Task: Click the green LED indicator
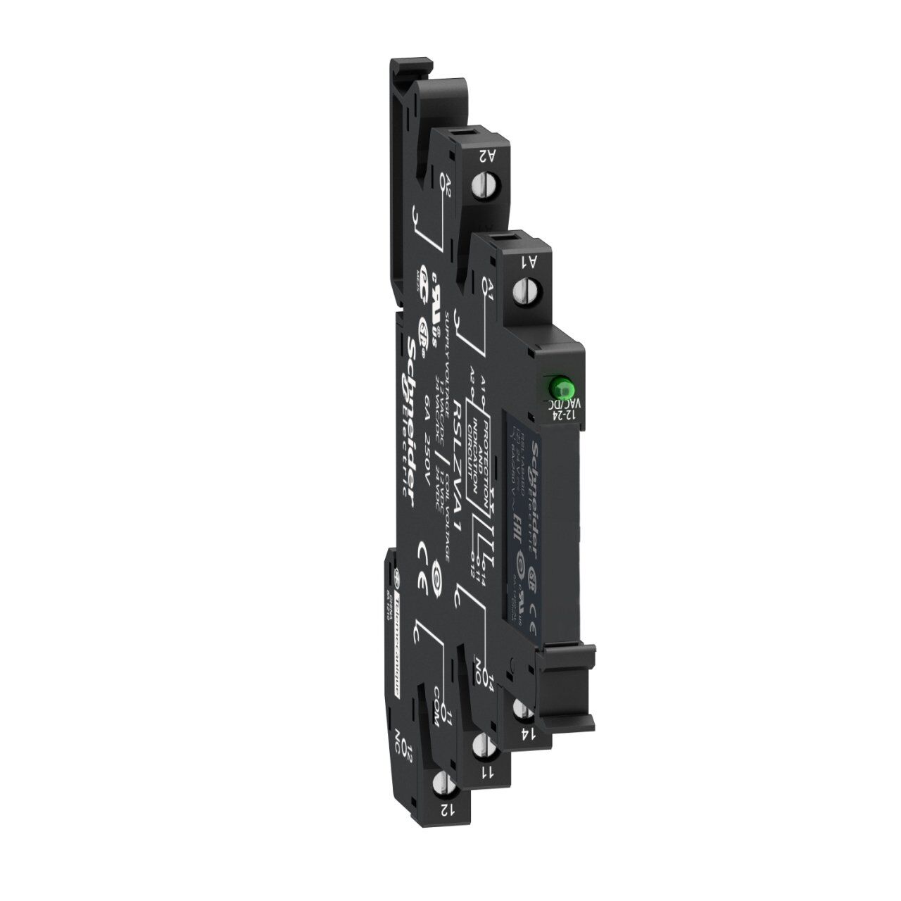coord(561,386)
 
